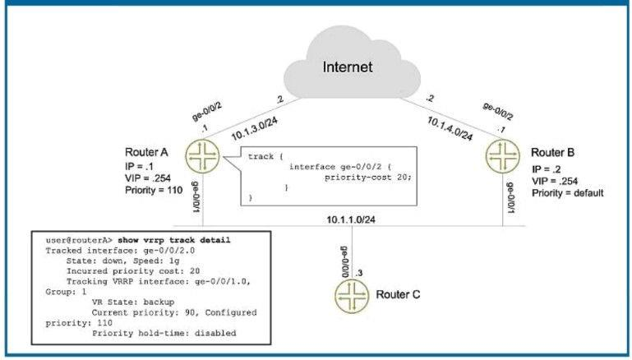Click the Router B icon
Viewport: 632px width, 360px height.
(x=503, y=154)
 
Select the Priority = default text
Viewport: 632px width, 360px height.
(x=567, y=192)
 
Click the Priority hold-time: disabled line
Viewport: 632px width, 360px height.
(x=164, y=333)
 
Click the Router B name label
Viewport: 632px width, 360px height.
(x=552, y=153)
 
